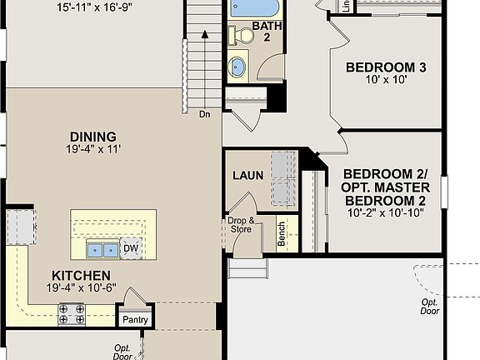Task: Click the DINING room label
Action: point(93,137)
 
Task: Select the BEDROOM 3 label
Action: point(386,67)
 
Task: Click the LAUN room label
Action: point(247,175)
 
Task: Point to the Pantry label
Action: point(135,319)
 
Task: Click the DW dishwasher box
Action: point(131,247)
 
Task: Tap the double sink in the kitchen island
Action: point(104,248)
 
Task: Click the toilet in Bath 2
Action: point(242,35)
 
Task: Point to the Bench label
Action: point(282,235)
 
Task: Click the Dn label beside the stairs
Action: point(204,114)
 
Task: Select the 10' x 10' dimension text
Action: point(386,81)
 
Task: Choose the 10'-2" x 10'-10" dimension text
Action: point(385,213)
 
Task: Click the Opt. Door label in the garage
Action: point(430,307)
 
